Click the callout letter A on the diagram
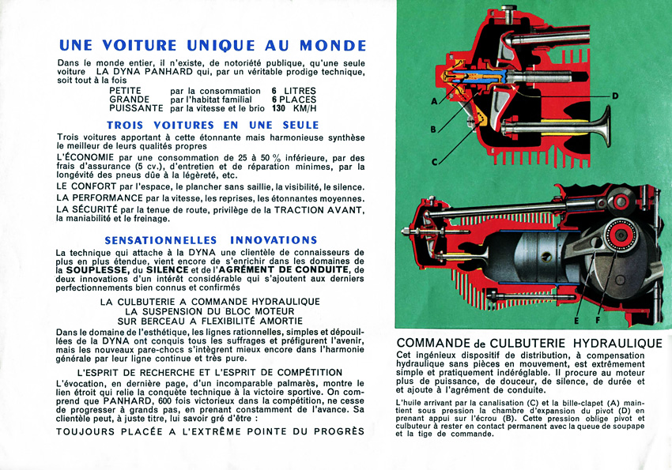click(434, 102)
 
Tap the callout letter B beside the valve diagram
click(433, 129)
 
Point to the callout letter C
click(434, 162)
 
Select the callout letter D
click(614, 96)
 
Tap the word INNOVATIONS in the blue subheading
click(274, 239)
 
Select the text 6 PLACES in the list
click(294, 100)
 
